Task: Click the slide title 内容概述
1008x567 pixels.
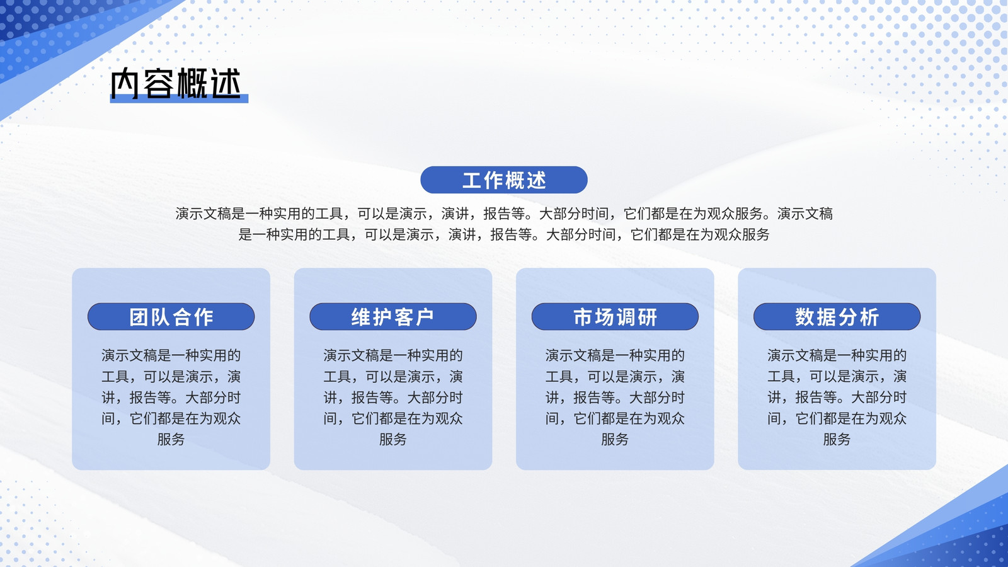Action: coord(176,83)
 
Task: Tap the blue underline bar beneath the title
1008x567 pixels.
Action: coord(179,98)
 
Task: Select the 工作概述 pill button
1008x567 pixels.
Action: coord(503,180)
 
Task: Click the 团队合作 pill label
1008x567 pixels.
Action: coord(171,316)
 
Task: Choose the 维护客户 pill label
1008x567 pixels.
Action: coord(393,316)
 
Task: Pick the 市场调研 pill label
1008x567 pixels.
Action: coord(615,316)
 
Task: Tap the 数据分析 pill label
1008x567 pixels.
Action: coord(837,316)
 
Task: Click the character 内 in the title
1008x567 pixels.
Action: coord(125,83)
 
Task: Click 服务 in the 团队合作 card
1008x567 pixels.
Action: coord(171,439)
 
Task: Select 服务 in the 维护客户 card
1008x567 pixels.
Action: coord(393,439)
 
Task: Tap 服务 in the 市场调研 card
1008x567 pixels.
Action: coord(615,439)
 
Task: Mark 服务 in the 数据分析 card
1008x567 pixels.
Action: coord(837,439)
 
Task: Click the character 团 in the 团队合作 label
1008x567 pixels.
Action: coord(139,317)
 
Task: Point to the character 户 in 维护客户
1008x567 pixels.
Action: coord(425,317)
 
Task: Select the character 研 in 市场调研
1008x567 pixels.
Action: coord(648,317)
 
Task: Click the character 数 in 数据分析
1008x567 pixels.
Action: coord(804,317)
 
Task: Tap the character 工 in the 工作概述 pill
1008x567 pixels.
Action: coord(471,180)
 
